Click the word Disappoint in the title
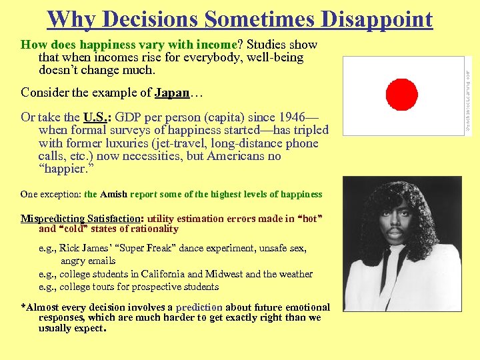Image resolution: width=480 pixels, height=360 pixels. (377, 19)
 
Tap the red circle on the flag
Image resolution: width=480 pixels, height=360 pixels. (401, 94)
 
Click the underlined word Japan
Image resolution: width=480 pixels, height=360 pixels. (172, 93)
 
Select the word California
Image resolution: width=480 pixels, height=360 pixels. (159, 274)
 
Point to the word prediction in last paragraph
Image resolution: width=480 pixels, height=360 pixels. (199, 307)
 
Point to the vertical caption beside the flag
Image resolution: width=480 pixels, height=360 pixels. (469, 93)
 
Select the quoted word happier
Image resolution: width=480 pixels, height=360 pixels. (67, 169)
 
